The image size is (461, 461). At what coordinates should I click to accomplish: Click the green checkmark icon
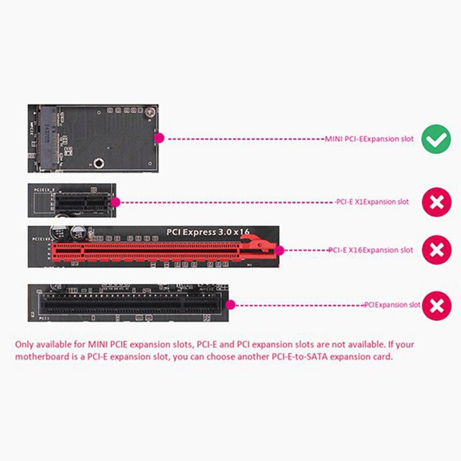coord(437,139)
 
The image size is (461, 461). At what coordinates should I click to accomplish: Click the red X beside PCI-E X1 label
coord(437,202)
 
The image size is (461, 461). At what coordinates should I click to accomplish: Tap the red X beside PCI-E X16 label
coord(437,251)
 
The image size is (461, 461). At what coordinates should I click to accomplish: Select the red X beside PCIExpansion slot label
coord(437,305)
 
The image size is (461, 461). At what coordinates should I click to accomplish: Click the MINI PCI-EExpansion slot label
coord(369,139)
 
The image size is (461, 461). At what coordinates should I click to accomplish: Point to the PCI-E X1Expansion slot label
coord(372,202)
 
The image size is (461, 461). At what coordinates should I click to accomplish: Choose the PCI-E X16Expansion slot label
coord(371,251)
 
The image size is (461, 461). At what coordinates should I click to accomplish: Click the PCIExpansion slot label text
coord(392,305)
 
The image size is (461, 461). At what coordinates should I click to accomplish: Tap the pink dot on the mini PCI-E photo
coord(161,138)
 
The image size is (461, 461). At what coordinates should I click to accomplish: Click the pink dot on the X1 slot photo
coord(115,202)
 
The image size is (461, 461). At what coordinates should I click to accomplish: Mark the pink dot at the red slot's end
coord(280,251)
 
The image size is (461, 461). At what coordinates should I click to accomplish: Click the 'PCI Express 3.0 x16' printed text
coord(208,232)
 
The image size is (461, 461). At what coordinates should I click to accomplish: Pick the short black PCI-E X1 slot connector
coord(84,203)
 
